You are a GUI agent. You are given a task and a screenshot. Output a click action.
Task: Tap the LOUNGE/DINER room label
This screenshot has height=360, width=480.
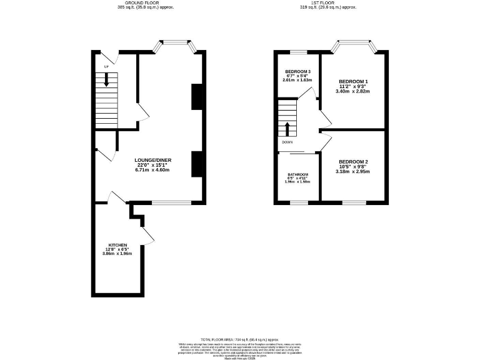(152, 160)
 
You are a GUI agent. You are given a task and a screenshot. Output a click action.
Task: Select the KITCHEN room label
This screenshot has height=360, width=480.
(118, 244)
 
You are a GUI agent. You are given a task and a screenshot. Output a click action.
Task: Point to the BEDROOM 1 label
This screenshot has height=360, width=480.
(353, 82)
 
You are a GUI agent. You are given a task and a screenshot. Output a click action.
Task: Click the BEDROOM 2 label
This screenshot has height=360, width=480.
(353, 162)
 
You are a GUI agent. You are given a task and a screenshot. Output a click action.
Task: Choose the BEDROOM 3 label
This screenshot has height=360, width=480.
(297, 72)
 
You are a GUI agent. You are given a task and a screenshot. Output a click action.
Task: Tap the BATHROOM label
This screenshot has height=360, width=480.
(297, 174)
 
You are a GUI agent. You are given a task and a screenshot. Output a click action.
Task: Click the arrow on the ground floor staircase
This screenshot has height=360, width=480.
(106, 79)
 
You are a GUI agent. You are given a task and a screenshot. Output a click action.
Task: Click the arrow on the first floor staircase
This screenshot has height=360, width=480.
(287, 129)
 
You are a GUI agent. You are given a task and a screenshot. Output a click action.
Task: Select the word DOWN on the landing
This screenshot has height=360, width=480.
(287, 142)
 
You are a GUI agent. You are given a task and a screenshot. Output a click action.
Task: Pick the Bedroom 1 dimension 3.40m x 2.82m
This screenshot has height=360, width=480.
(353, 91)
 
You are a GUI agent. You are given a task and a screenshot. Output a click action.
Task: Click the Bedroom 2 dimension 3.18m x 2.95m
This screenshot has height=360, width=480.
(353, 171)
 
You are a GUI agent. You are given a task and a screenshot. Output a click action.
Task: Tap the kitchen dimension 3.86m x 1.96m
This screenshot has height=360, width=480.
(118, 253)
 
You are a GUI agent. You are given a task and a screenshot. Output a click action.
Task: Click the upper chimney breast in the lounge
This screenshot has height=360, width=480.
(197, 96)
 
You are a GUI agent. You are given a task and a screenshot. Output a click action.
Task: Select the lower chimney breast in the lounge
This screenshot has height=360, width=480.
(197, 163)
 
